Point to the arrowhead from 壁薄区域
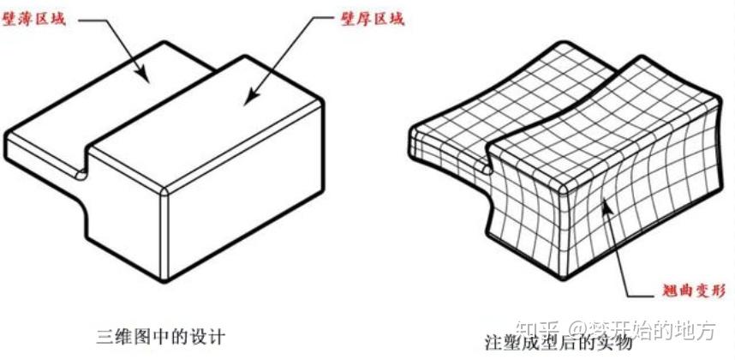point(148,81)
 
